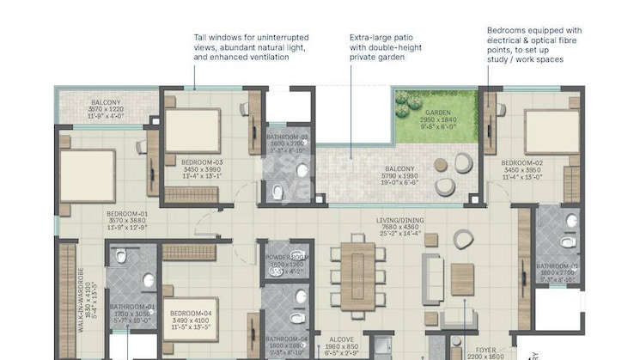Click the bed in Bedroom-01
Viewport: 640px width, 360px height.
click(x=86, y=176)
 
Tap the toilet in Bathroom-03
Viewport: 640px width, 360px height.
click(x=277, y=191)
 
